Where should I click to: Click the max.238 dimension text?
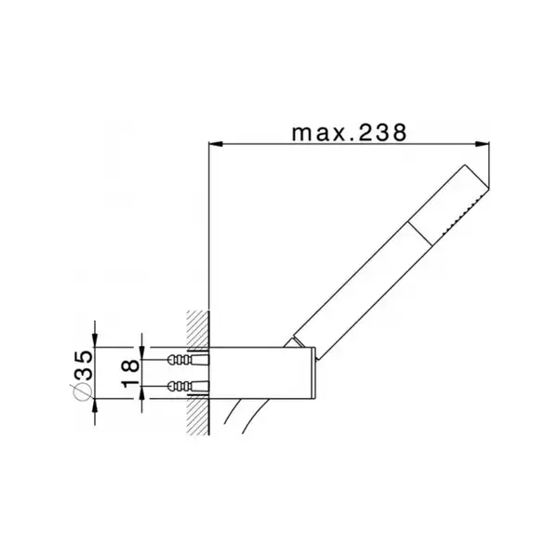tap(349, 133)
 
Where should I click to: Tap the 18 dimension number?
tap(130, 373)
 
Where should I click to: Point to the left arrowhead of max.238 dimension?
tap(216, 144)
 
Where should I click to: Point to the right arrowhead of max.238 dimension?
tap(482, 144)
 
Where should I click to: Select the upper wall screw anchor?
tap(188, 359)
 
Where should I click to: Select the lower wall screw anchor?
tap(188, 385)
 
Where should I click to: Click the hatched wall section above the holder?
tap(198, 328)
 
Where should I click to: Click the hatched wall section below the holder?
tap(198, 417)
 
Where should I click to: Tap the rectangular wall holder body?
tap(260, 373)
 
